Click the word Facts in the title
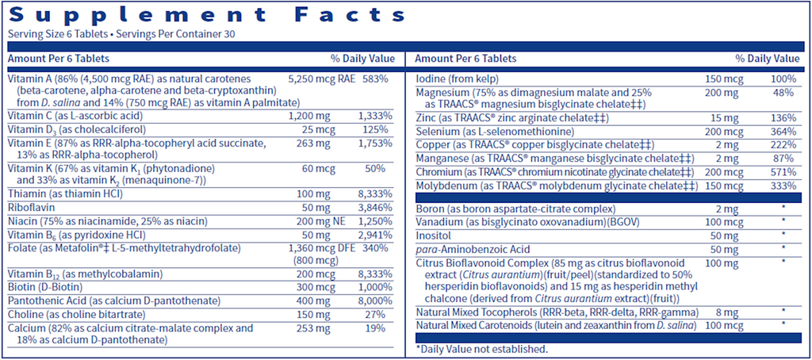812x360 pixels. (350, 14)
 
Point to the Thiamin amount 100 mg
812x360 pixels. (312, 194)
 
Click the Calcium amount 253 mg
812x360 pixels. (312, 327)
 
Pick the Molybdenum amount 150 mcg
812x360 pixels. (724, 186)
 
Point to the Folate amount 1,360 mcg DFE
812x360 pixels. (321, 247)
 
